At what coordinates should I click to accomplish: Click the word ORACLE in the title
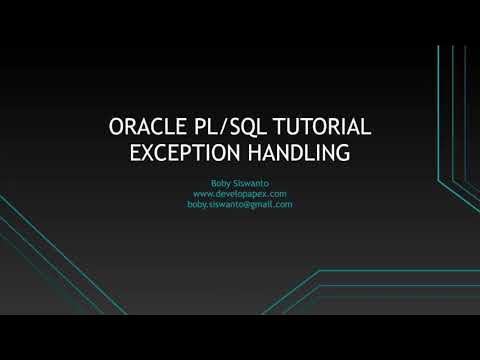tap(146, 128)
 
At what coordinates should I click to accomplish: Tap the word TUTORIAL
tap(320, 128)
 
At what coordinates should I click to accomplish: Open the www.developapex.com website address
tap(239, 193)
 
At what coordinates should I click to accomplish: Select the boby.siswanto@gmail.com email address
tap(239, 204)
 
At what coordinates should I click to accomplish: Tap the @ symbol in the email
tap(247, 204)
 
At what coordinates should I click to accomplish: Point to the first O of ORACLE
tap(115, 128)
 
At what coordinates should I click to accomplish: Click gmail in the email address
tap(263, 204)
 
